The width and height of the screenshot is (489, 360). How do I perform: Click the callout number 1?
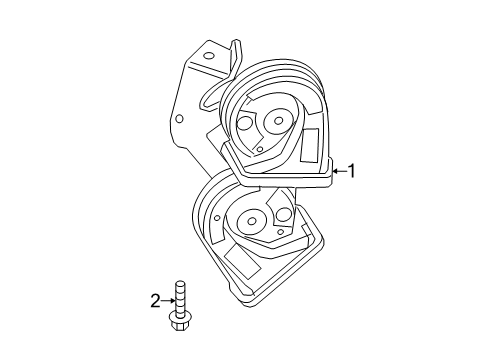[351, 171]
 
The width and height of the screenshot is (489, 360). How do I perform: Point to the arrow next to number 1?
[338, 171]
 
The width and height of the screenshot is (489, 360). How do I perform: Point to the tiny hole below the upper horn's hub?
[259, 149]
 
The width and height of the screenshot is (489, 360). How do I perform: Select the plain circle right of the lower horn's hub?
[283, 215]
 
